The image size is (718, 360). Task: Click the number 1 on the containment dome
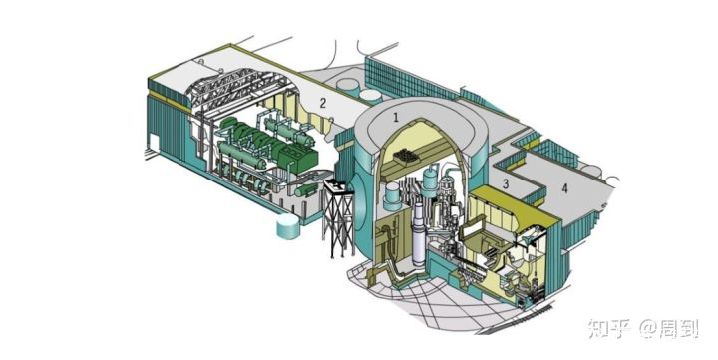pos(396,117)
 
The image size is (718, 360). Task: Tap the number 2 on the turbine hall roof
pos(323,103)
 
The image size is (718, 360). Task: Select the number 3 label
pos(506,183)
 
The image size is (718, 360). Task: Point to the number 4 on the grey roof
pos(565,188)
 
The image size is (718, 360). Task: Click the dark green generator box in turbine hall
pos(297,158)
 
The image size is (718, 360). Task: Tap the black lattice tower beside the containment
pos(338,218)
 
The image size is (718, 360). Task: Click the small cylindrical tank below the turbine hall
pos(288,226)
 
